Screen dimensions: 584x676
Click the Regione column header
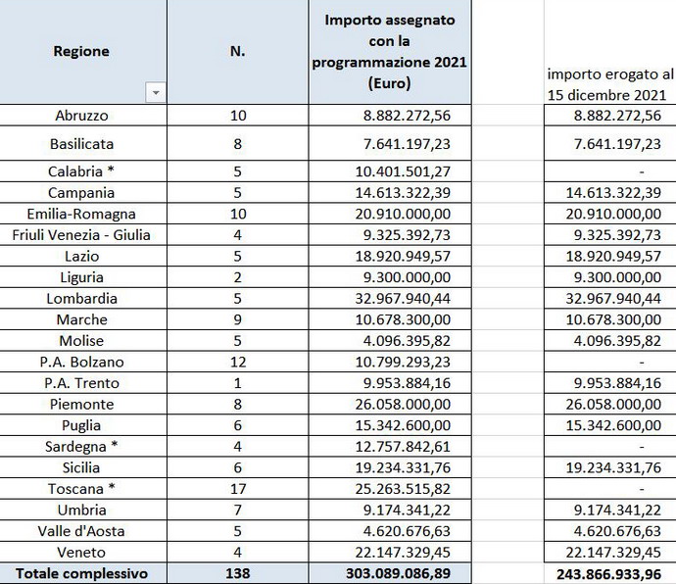click(x=81, y=51)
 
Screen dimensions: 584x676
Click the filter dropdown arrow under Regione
click(x=155, y=93)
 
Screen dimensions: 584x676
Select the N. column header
click(x=237, y=51)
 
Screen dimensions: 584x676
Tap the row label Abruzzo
click(x=82, y=116)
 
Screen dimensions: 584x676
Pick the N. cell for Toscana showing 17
click(x=237, y=489)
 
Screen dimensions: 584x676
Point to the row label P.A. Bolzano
click(x=82, y=362)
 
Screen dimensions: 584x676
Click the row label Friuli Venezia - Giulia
click(x=82, y=234)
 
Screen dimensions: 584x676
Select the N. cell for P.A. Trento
click(x=237, y=383)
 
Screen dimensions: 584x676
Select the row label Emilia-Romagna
click(x=82, y=213)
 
